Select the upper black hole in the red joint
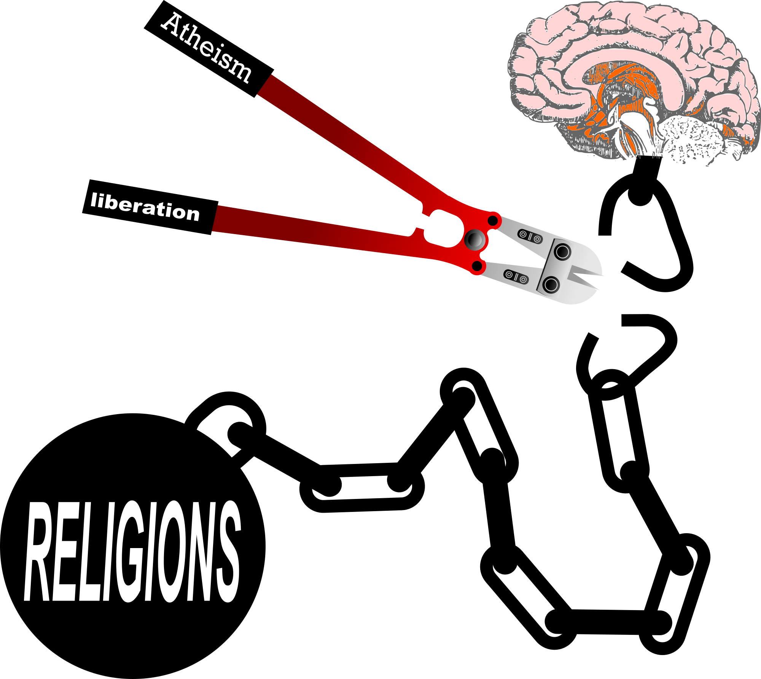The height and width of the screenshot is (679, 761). click(x=492, y=220)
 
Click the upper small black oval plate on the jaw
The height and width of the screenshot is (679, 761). click(x=530, y=236)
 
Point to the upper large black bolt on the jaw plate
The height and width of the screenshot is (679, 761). click(x=562, y=252)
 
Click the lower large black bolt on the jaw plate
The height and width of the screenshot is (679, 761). click(x=551, y=284)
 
